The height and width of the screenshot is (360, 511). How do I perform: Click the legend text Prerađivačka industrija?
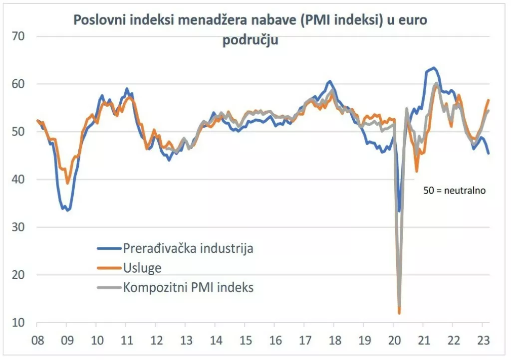188,248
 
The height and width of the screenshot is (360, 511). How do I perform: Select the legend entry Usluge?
142,268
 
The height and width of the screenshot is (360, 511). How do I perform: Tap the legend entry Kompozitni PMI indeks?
188,287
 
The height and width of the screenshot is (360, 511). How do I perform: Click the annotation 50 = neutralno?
454,190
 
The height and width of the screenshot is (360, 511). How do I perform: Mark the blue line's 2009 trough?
68,210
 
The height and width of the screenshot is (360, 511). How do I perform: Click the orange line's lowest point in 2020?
399,313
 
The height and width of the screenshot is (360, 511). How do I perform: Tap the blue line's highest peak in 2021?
434,68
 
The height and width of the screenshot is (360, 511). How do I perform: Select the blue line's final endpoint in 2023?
488,153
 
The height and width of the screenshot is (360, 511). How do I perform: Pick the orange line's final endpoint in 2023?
489,100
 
